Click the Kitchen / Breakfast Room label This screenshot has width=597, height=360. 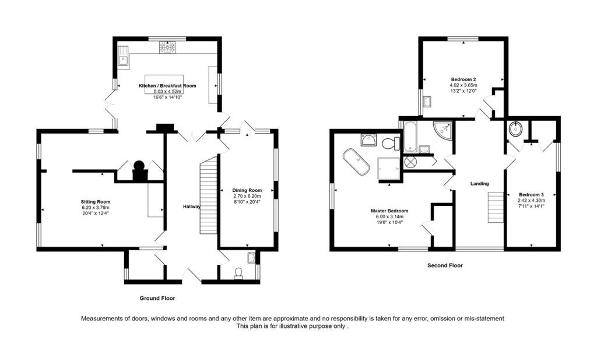pyautogui.click(x=167, y=86)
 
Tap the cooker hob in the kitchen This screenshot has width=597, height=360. pyautogui.click(x=168, y=47)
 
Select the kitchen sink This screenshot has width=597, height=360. pyautogui.click(x=123, y=56)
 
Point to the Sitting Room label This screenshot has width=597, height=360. pyautogui.click(x=95, y=202)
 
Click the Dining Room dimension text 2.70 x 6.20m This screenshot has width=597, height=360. pyautogui.click(x=247, y=196)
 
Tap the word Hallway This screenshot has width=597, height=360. pyautogui.click(x=191, y=207)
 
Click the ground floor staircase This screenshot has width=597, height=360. pyautogui.click(x=208, y=197)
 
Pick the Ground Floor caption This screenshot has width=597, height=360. pyautogui.click(x=157, y=298)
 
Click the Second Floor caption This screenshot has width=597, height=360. pyautogui.click(x=445, y=265)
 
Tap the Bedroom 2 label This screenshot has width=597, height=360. pyautogui.click(x=463, y=79)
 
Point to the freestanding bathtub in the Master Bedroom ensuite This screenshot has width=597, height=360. pyautogui.click(x=356, y=162)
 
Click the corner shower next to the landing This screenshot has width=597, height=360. pyautogui.click(x=443, y=130)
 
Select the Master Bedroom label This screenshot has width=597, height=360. pyautogui.click(x=389, y=211)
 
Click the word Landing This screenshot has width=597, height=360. pyautogui.click(x=479, y=184)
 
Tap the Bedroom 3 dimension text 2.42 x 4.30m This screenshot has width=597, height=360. pyautogui.click(x=531, y=200)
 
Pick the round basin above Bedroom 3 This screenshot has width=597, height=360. pyautogui.click(x=516, y=129)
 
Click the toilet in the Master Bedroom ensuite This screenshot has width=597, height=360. pyautogui.click(x=390, y=144)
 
